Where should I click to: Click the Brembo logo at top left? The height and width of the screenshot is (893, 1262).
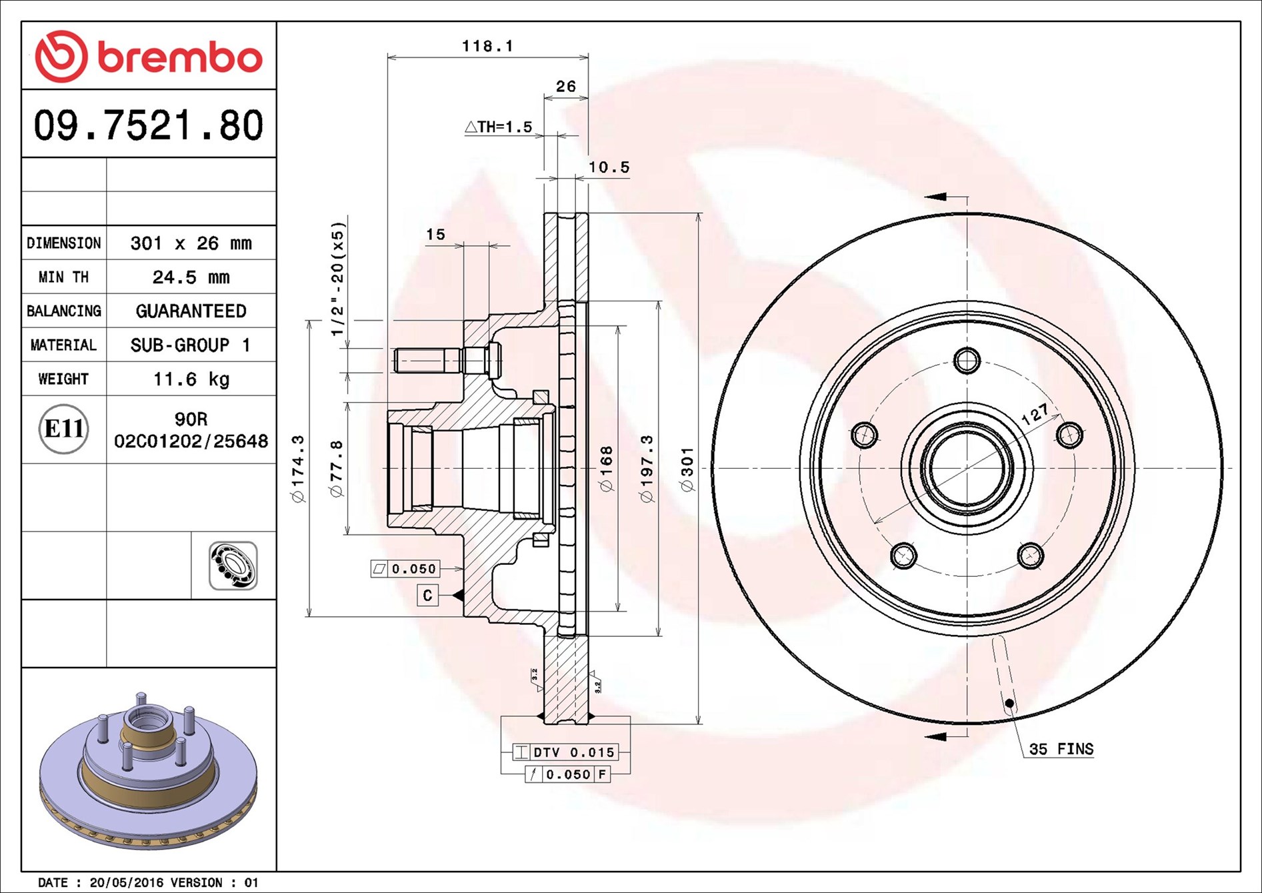click(x=148, y=56)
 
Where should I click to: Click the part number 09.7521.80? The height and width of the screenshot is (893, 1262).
click(x=149, y=125)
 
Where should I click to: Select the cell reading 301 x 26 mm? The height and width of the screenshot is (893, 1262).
click(x=191, y=243)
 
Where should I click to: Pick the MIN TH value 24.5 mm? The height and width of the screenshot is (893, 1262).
click(x=191, y=277)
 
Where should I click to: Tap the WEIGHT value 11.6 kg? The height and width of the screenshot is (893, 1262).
click(x=191, y=379)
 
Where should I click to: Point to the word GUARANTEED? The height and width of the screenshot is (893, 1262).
click(x=191, y=311)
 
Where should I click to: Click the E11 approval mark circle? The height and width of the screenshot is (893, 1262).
click(x=63, y=429)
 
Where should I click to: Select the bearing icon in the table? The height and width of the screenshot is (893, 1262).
click(x=233, y=566)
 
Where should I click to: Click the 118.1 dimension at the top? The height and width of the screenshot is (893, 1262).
click(x=487, y=46)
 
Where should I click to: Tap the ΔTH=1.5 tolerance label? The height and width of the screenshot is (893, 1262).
click(x=499, y=127)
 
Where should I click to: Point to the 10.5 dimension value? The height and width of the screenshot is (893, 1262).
click(x=609, y=167)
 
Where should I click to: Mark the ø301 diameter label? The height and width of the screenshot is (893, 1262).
click(x=687, y=470)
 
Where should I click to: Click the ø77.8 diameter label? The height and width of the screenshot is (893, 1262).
click(x=337, y=468)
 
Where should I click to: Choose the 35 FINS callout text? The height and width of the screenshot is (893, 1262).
click(x=1061, y=749)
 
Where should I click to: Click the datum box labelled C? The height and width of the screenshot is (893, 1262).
click(x=427, y=595)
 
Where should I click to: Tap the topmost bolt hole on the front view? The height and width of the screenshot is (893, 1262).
click(x=967, y=361)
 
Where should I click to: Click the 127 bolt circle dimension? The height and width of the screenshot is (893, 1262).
click(x=1035, y=414)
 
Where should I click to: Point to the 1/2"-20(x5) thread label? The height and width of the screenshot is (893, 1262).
click(x=338, y=279)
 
